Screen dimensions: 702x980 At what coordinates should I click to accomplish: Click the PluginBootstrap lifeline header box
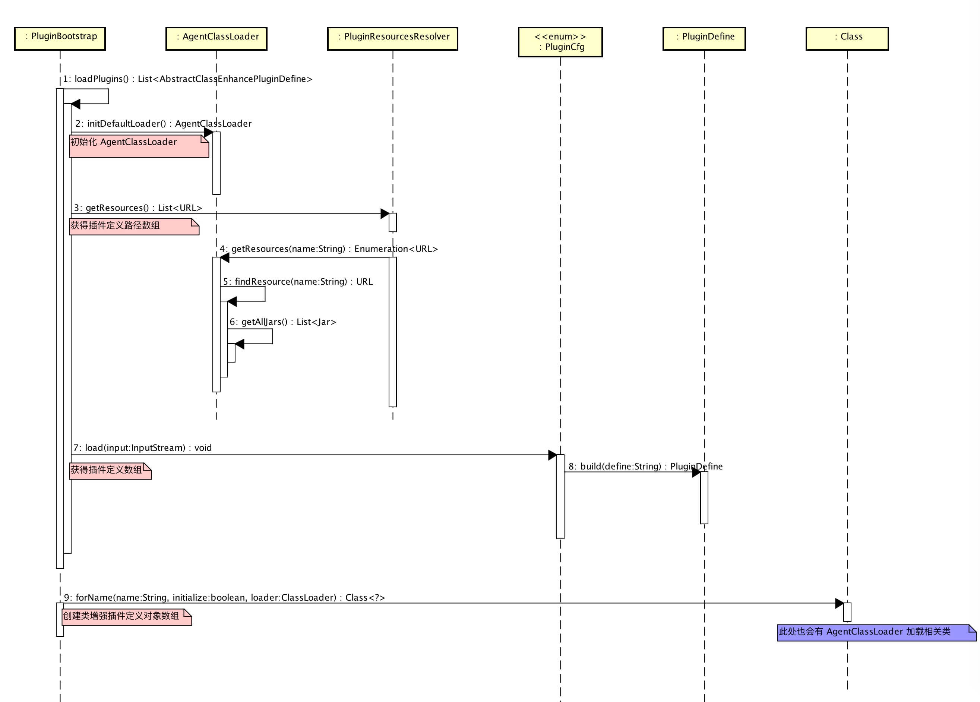(x=60, y=38)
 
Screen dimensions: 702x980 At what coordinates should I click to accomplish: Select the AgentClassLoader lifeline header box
(x=216, y=38)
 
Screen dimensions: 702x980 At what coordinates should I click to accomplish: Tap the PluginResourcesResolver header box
(x=392, y=38)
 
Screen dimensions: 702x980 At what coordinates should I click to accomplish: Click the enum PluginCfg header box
(x=560, y=42)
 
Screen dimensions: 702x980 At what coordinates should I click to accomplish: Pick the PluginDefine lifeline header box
(x=704, y=38)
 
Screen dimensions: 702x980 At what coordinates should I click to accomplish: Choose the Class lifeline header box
(x=847, y=38)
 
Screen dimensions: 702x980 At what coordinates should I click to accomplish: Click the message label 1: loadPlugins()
(x=187, y=79)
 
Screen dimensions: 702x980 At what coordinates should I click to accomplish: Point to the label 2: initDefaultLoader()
(x=163, y=124)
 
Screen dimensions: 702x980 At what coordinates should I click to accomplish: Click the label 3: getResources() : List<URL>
(x=138, y=208)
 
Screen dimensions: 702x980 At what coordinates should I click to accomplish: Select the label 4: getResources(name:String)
(x=328, y=249)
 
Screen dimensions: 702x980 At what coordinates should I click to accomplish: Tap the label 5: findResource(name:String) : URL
(x=298, y=282)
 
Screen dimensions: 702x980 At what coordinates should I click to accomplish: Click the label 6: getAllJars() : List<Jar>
(x=282, y=322)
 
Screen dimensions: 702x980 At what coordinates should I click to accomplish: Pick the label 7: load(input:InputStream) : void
(x=143, y=448)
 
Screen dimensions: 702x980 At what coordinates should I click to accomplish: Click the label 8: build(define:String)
(x=645, y=466)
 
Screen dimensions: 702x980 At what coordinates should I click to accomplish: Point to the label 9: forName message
(x=224, y=597)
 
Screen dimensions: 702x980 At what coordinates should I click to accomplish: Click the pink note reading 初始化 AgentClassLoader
(x=139, y=146)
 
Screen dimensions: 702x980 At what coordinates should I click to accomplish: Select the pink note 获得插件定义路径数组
(x=134, y=227)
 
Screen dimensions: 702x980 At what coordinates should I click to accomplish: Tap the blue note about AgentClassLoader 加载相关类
(x=876, y=632)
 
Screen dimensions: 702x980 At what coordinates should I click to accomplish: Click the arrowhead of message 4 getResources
(x=225, y=258)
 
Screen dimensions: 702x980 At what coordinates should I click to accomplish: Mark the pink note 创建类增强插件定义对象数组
(x=127, y=617)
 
